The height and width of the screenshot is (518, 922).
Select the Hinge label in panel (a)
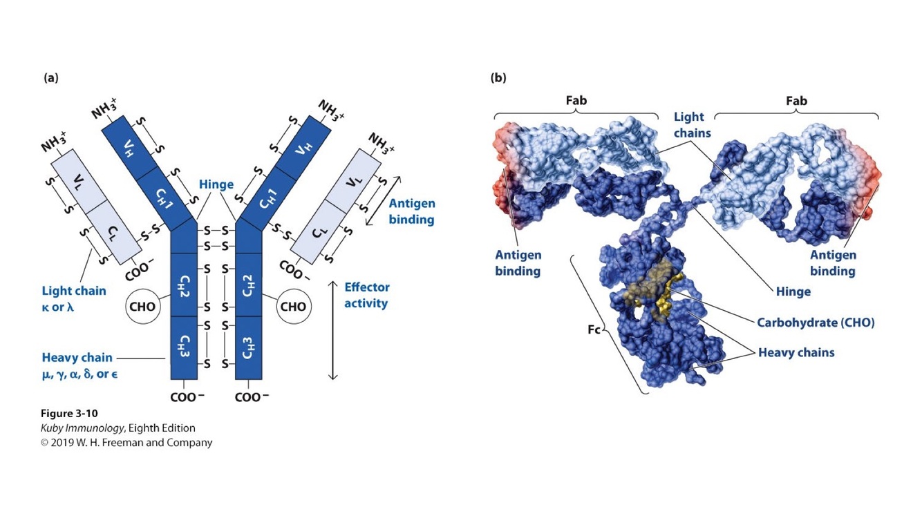coord(216,184)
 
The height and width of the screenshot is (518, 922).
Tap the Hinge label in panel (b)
coord(793,291)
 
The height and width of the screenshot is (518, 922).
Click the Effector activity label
coord(366,295)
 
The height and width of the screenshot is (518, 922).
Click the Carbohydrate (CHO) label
coord(816,323)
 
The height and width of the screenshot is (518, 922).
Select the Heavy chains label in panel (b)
coord(796,353)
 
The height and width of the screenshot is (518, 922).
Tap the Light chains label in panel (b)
coord(692,124)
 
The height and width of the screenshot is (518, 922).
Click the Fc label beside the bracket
coord(594,329)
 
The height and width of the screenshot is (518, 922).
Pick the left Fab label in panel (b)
coord(576,101)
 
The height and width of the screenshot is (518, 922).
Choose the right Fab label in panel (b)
coord(796,101)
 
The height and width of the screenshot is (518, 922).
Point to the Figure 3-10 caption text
coord(69,414)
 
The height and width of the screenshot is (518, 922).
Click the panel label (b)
coord(498,78)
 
